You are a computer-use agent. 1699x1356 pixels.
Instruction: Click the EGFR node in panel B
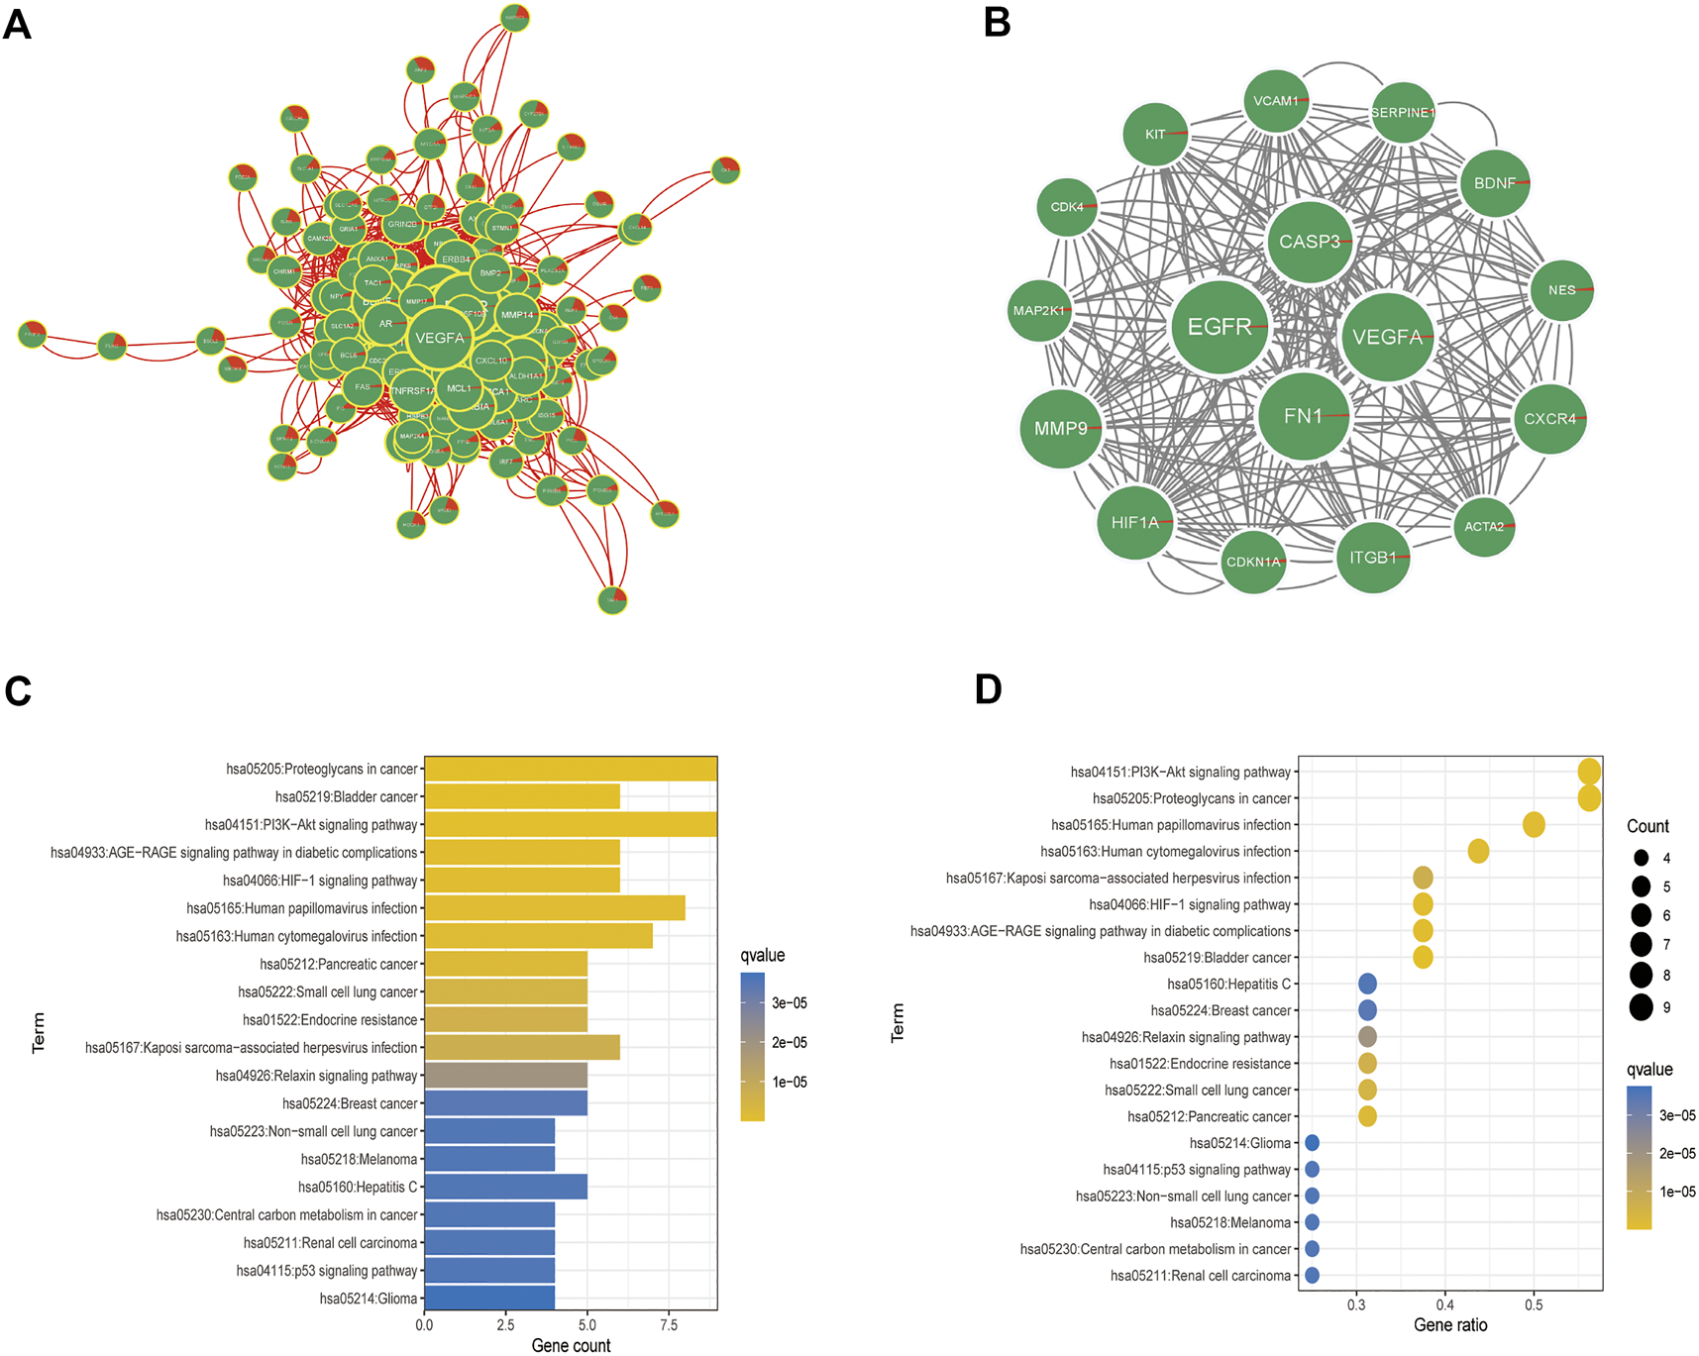pyautogui.click(x=1220, y=327)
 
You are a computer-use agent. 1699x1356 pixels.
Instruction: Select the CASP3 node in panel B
pyautogui.click(x=1309, y=242)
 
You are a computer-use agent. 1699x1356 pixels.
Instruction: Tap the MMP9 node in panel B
pyautogui.click(x=1061, y=428)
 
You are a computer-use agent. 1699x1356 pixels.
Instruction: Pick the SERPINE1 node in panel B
pyautogui.click(x=1402, y=113)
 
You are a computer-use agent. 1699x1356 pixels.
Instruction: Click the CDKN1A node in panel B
pyautogui.click(x=1253, y=562)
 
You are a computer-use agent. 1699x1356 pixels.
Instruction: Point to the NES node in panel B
pyautogui.click(x=1561, y=290)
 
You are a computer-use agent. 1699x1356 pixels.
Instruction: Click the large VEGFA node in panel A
pyautogui.click(x=439, y=338)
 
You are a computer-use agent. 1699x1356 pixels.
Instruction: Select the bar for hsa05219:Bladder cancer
pyautogui.click(x=522, y=796)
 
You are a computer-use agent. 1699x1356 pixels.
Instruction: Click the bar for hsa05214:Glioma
pyautogui.click(x=489, y=1298)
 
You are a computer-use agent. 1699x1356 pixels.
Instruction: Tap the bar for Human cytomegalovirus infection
pyautogui.click(x=538, y=936)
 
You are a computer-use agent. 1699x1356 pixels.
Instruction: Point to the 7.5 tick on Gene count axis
pyautogui.click(x=669, y=1325)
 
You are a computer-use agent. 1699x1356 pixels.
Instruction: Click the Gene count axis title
pyautogui.click(x=571, y=1345)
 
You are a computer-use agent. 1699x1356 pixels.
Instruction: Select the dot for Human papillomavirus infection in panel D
pyautogui.click(x=1534, y=824)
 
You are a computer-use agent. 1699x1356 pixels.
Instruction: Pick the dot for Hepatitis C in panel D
pyautogui.click(x=1367, y=984)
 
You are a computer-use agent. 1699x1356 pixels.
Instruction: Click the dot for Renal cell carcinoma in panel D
pyautogui.click(x=1312, y=1275)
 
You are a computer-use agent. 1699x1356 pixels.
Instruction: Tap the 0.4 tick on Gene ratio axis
pyautogui.click(x=1445, y=1305)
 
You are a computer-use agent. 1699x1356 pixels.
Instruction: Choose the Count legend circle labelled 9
pyautogui.click(x=1642, y=1007)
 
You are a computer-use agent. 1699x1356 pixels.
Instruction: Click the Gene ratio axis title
pyautogui.click(x=1450, y=1325)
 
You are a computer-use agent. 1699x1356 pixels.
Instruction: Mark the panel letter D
pyautogui.click(x=988, y=689)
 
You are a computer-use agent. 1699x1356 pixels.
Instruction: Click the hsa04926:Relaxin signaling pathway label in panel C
pyautogui.click(x=317, y=1076)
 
